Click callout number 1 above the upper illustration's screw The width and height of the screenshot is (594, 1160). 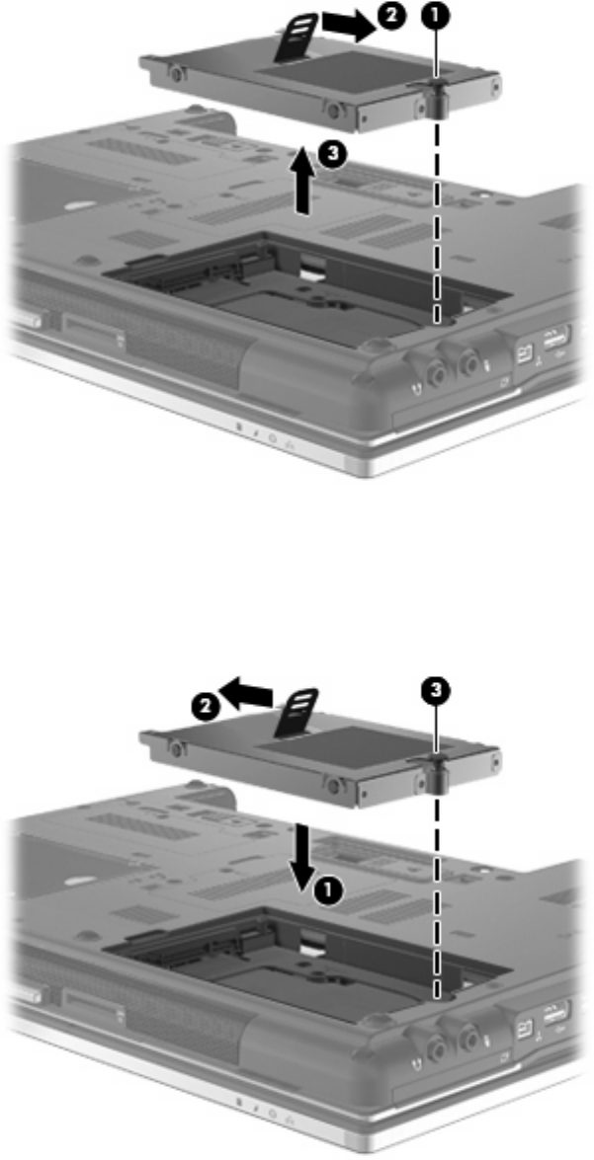pyautogui.click(x=438, y=16)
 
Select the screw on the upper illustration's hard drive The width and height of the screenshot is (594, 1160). pyautogui.click(x=439, y=98)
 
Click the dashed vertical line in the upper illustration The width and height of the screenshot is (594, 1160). pyautogui.click(x=439, y=218)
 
